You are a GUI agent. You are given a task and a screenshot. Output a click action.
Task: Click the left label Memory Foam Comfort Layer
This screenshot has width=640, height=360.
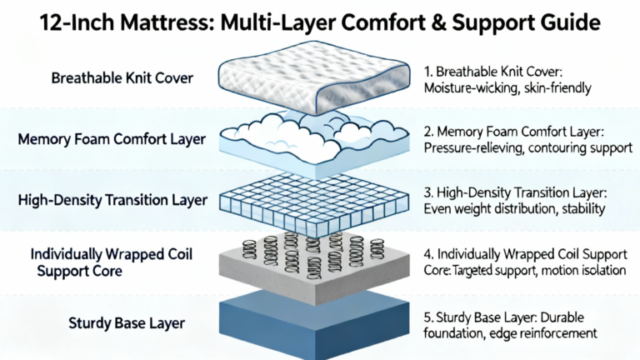[x=111, y=138]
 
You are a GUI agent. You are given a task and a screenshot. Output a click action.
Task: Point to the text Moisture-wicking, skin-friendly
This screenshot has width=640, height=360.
[x=507, y=87]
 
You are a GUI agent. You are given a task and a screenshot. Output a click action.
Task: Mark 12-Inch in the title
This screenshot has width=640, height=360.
[x=78, y=22]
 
